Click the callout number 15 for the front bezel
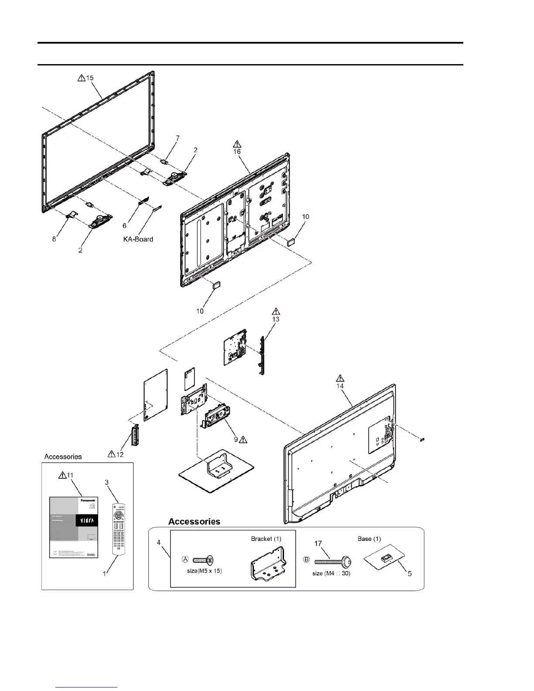tap(90, 78)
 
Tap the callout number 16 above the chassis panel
tap(237, 151)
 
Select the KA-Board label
tap(137, 239)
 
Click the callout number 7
tap(178, 138)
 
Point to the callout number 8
tap(54, 239)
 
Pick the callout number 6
tap(124, 226)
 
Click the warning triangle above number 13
tap(276, 311)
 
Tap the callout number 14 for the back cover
tap(340, 386)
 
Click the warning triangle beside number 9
tap(243, 439)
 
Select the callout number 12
tap(120, 454)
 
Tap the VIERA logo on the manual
tap(86, 521)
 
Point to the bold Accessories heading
tap(194, 521)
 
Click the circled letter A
tap(185, 559)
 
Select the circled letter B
tap(307, 559)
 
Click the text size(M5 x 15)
tap(204, 571)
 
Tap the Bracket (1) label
tap(266, 539)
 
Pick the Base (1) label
tap(369, 539)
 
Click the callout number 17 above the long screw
tap(318, 544)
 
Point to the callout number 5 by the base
tap(410, 574)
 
